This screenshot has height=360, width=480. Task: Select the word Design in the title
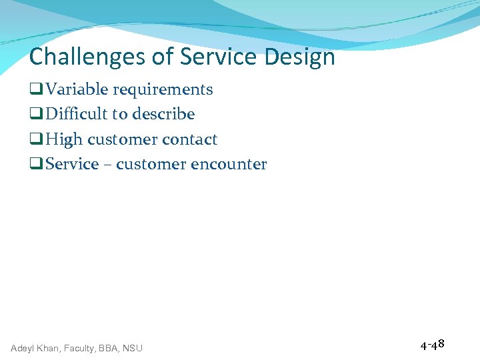pos(299,57)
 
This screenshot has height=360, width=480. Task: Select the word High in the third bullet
pos(64,139)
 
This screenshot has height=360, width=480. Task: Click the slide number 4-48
pos(432,345)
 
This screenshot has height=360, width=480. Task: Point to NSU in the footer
pos(132,348)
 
